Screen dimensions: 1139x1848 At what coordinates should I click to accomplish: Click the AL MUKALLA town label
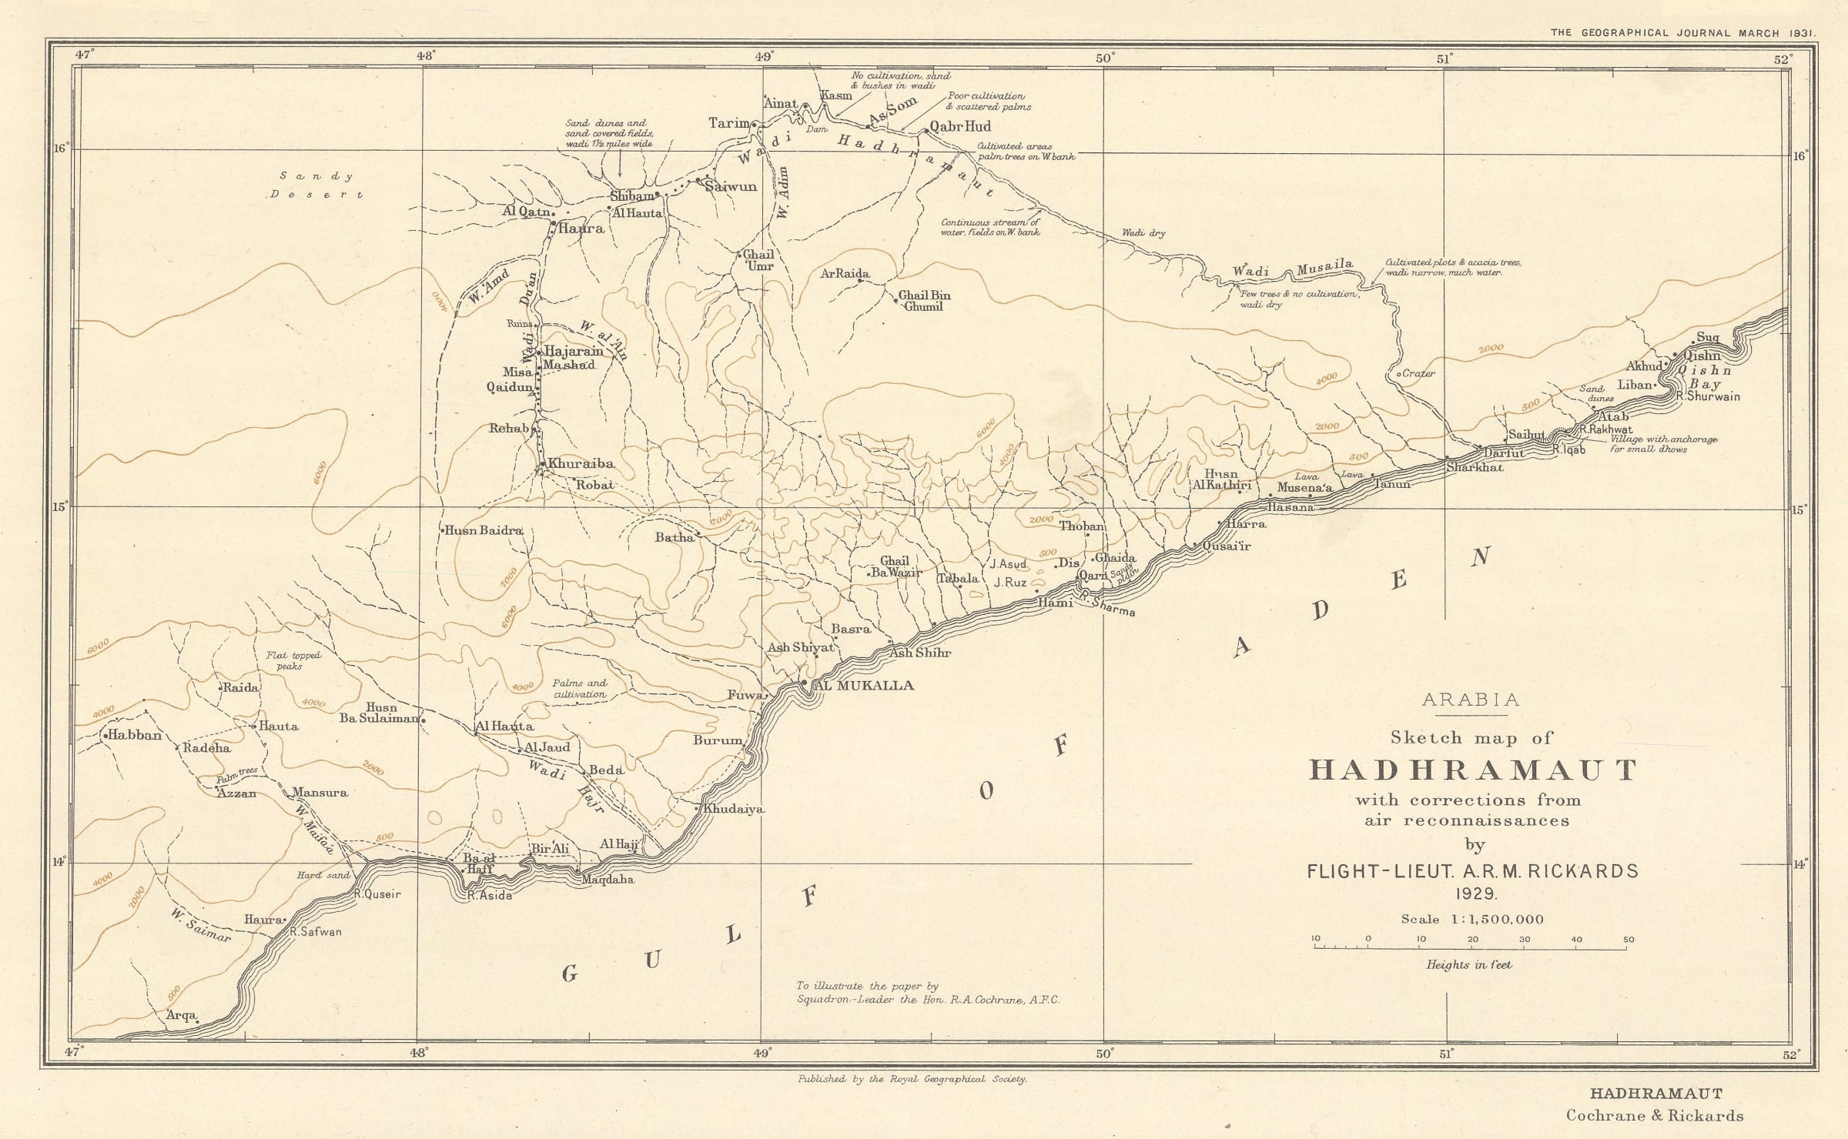[864, 685]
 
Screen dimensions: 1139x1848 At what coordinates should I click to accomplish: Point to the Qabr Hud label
[960, 126]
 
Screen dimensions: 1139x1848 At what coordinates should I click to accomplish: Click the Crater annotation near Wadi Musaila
[1419, 374]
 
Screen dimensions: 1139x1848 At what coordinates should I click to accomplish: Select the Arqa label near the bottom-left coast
[182, 1016]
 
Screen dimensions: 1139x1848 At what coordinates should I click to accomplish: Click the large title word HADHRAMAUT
[1473, 770]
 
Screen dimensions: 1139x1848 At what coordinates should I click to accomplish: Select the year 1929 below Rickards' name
[1473, 893]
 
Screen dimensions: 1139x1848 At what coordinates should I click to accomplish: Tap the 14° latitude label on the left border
[60, 862]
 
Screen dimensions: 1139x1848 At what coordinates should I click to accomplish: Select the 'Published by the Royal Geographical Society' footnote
[912, 1080]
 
